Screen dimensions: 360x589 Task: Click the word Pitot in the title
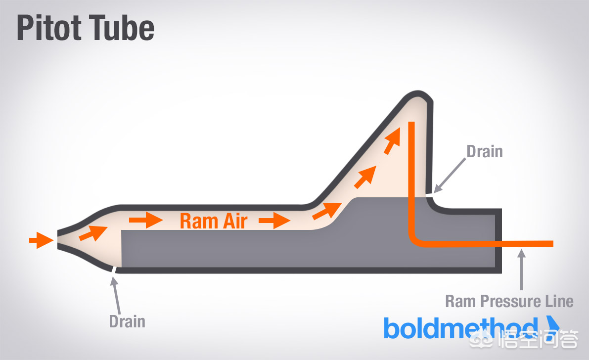49,29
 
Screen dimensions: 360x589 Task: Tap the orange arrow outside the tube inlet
41,241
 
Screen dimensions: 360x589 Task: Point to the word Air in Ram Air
233,221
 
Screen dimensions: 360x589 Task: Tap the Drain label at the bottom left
127,321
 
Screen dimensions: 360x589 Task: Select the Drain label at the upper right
485,151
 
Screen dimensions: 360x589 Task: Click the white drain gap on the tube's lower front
114,270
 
